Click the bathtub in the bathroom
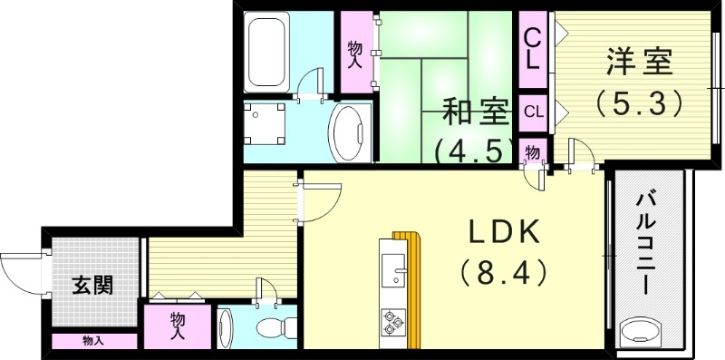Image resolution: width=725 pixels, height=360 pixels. click(x=268, y=51)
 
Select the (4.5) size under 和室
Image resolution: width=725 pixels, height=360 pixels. click(x=473, y=149)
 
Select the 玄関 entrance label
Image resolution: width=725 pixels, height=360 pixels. click(x=93, y=286)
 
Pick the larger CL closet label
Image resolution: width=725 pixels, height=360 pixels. click(x=533, y=50)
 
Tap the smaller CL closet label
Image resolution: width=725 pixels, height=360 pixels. click(x=533, y=112)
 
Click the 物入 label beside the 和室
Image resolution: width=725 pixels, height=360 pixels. click(x=355, y=51)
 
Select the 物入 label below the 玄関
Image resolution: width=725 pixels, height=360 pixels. click(x=92, y=341)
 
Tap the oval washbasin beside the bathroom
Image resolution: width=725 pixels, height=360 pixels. click(x=348, y=132)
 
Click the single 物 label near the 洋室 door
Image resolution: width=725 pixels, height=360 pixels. click(x=533, y=151)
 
